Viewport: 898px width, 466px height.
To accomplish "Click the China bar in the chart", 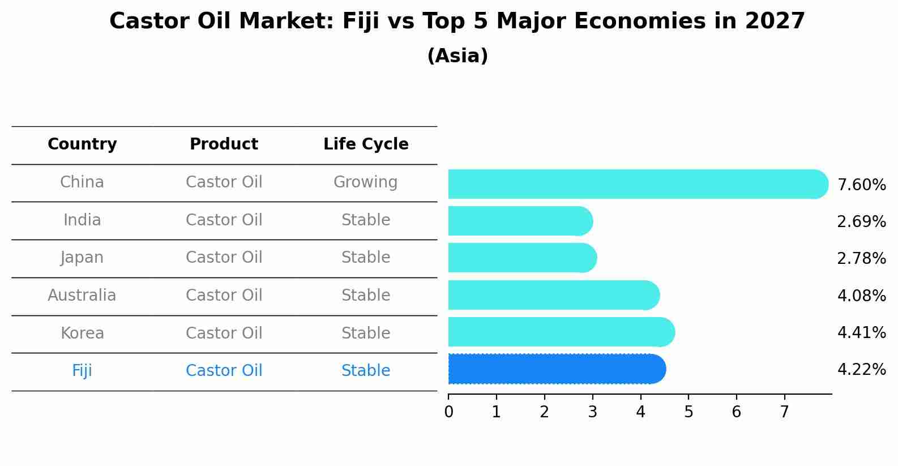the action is click(638, 184).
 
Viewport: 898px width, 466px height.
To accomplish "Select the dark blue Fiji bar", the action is click(557, 369).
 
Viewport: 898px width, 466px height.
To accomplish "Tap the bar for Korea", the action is click(562, 332).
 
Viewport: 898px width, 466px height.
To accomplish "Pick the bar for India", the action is click(521, 221).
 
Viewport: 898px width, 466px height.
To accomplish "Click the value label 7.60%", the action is click(862, 185).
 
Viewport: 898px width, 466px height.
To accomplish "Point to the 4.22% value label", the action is click(862, 369).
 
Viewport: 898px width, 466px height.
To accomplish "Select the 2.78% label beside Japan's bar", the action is click(862, 258).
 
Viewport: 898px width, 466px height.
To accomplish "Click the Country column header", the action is click(82, 144).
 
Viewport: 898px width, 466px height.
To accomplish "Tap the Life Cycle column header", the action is click(366, 144).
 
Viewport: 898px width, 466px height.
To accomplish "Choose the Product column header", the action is click(224, 144).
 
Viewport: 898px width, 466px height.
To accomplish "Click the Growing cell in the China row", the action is click(366, 182).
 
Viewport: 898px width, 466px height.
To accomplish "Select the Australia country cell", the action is click(82, 295).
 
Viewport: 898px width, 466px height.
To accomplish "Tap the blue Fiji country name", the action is click(82, 370).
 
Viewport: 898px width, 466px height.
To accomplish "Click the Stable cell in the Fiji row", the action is click(366, 370).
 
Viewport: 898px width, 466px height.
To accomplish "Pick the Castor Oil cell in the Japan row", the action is click(224, 258).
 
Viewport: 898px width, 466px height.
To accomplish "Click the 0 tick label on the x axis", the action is click(448, 412).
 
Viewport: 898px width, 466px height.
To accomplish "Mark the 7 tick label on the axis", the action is click(785, 412).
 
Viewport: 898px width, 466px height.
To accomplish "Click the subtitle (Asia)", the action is click(458, 55).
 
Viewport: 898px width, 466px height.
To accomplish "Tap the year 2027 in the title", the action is click(775, 22).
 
